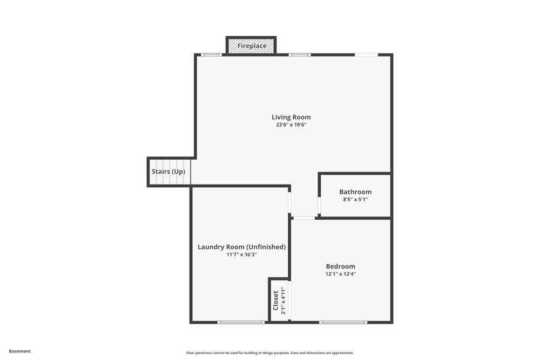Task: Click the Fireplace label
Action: pos(252,46)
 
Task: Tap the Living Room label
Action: pos(291,117)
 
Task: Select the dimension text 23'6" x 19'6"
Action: pos(291,125)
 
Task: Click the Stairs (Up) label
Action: pos(168,172)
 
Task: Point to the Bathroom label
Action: pos(355,192)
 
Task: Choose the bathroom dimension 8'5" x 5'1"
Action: pos(355,199)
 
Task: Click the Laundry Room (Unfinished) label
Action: pos(241,247)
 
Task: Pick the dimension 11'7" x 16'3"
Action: pos(241,254)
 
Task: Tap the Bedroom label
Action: pos(340,266)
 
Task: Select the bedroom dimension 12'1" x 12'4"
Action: pos(340,274)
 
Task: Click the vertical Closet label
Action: pos(275,301)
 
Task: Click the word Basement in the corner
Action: pos(20,351)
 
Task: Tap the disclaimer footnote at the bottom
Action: pos(270,352)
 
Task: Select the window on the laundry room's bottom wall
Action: pos(241,322)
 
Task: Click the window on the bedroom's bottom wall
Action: pos(343,322)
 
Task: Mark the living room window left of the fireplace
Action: pos(212,55)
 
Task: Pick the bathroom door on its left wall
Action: pos(319,206)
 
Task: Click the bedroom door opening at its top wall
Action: pos(304,218)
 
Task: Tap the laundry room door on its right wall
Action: pos(290,202)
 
